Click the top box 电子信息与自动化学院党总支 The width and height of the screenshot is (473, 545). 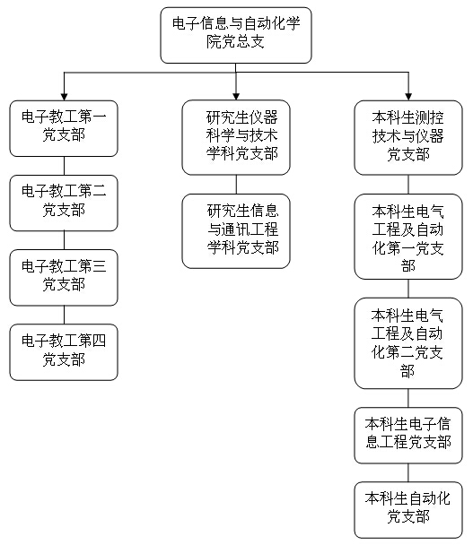(x=236, y=35)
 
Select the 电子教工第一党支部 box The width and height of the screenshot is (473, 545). (x=64, y=128)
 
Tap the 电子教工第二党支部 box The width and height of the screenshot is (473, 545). (x=64, y=203)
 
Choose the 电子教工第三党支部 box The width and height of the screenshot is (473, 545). (x=64, y=278)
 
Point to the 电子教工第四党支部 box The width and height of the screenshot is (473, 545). (x=64, y=352)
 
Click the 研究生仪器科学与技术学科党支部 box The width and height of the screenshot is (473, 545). (x=236, y=137)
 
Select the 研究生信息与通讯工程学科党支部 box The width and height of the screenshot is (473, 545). (x=236, y=231)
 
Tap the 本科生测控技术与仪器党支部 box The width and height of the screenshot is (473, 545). (x=408, y=138)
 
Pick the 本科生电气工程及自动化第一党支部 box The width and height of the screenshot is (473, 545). (x=408, y=237)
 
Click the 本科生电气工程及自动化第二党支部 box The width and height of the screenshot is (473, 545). (x=408, y=343)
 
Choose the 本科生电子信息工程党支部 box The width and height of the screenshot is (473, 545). (x=408, y=436)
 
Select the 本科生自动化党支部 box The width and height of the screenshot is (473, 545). (x=408, y=510)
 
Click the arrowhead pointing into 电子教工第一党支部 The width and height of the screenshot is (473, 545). (x=64, y=97)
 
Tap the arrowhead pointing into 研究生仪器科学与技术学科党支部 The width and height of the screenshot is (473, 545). (x=236, y=97)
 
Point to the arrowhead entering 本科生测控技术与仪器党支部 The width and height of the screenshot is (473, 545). (x=408, y=97)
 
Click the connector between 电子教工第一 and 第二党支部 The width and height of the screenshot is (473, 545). (x=64, y=166)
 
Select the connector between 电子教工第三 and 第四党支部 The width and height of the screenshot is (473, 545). (x=64, y=315)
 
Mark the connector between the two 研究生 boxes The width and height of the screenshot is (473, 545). (x=236, y=185)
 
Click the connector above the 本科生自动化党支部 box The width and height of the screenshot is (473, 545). (x=408, y=472)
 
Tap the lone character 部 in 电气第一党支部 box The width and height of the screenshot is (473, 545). (x=407, y=266)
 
